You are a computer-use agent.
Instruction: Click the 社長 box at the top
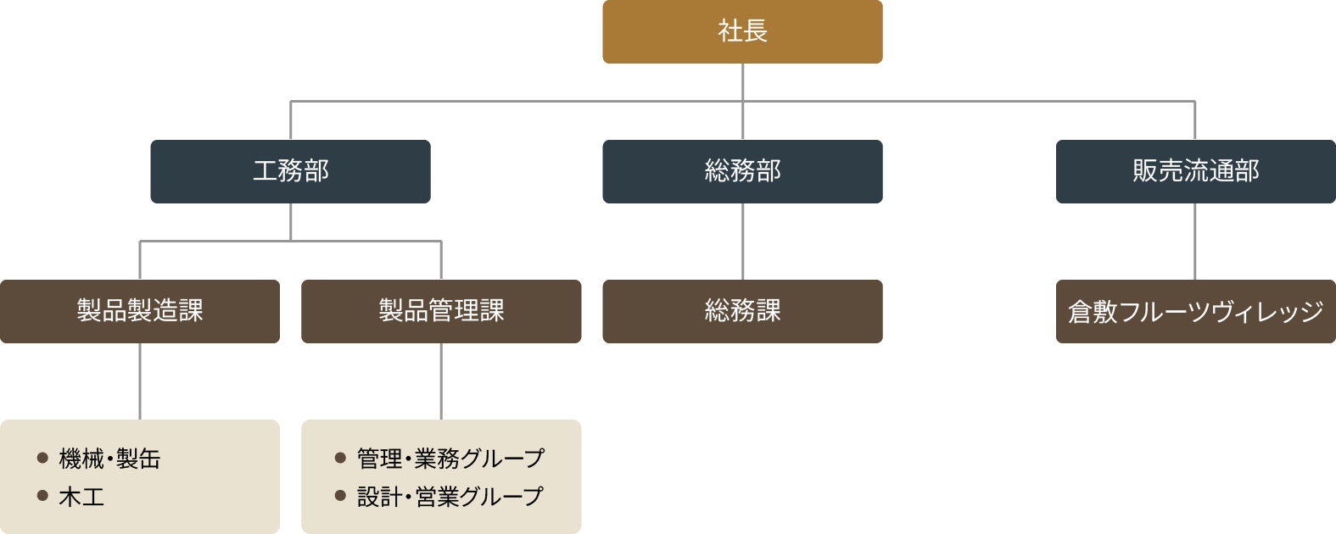742,31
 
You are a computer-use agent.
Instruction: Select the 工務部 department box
290,171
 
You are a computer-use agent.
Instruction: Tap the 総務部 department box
742,171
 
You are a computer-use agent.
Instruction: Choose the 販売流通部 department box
1195,171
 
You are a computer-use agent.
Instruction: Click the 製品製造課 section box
140,311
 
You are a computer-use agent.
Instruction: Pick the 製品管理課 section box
441,311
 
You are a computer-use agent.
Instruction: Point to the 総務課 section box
742,311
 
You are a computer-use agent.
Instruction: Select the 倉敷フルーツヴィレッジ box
1195,311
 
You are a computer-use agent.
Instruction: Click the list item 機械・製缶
109,459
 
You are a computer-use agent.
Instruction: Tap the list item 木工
81,497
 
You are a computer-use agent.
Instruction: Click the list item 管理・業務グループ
450,459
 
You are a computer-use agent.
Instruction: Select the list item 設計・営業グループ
450,497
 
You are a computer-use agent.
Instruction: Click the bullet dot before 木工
42,496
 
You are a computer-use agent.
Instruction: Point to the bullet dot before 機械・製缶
42,458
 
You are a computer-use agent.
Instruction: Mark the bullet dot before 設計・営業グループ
340,496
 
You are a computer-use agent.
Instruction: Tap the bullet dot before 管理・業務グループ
340,458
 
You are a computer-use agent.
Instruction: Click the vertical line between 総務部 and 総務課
742,242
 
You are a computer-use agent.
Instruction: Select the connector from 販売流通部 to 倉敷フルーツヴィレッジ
1195,242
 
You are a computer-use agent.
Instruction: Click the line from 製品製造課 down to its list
140,381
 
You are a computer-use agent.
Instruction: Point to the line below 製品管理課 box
441,381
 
